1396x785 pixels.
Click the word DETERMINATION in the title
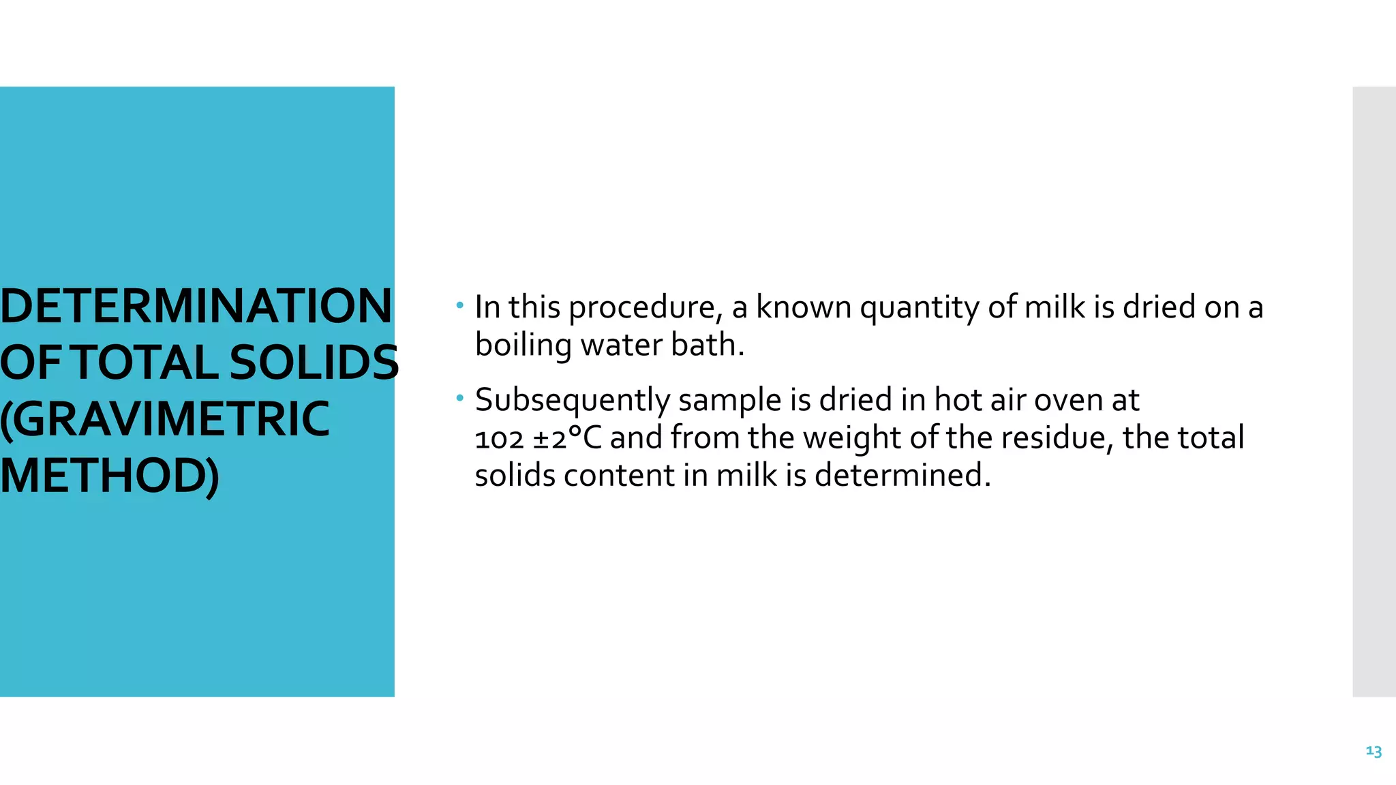coord(196,306)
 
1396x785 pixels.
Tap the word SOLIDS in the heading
coord(314,363)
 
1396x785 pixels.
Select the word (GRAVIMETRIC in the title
coord(165,418)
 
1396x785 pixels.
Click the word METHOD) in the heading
coord(110,476)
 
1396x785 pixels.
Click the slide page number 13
coord(1374,751)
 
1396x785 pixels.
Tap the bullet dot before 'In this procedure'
coord(460,305)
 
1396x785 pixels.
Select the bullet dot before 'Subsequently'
coord(460,397)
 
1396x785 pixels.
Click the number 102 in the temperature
coord(499,439)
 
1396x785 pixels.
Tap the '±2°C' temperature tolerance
coord(567,438)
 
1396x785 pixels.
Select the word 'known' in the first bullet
coord(804,307)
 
